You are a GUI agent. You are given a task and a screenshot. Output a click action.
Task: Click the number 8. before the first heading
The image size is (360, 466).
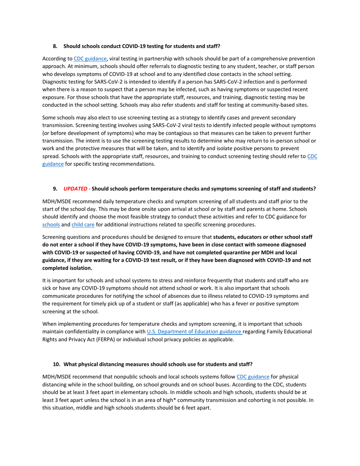tap(55, 46)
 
